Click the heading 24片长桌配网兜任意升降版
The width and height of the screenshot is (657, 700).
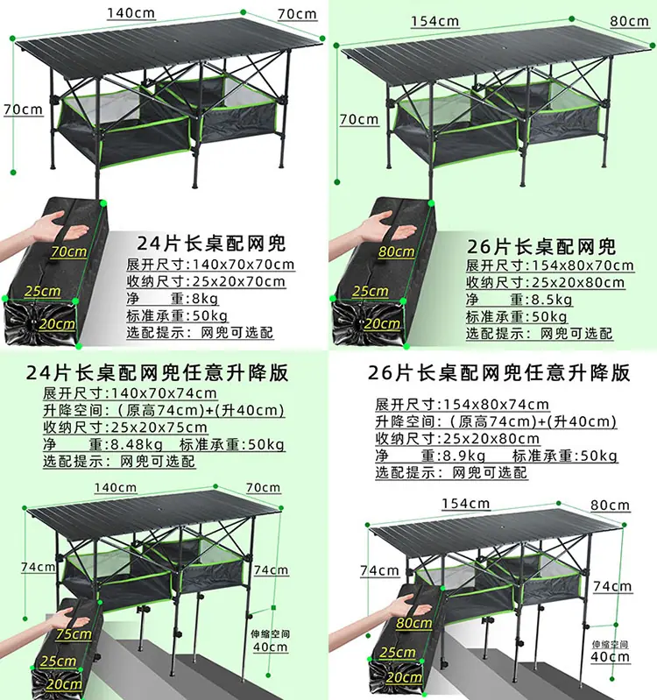pyautogui.click(x=157, y=372)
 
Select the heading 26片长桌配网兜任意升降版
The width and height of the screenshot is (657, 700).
pyautogui.click(x=498, y=372)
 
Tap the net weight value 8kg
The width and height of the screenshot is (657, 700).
pyautogui.click(x=205, y=298)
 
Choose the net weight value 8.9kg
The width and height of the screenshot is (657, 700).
pyautogui.click(x=463, y=456)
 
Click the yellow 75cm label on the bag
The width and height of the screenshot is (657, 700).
pyautogui.click(x=74, y=634)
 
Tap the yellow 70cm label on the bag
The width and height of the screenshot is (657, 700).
pyautogui.click(x=68, y=251)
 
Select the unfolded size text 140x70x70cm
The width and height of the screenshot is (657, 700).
pyautogui.click(x=244, y=265)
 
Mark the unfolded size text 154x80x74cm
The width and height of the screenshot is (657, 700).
pyautogui.click(x=496, y=405)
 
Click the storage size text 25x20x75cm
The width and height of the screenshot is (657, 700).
pyautogui.click(x=159, y=428)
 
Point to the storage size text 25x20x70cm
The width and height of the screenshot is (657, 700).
pyautogui.click(x=239, y=281)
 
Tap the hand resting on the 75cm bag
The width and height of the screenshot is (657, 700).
pyautogui.click(x=62, y=619)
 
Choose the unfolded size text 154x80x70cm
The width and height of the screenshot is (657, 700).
pyautogui.click(x=583, y=265)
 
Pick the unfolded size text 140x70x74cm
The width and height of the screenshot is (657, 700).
pyautogui.click(x=163, y=393)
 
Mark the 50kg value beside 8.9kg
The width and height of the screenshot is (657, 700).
pyautogui.click(x=599, y=456)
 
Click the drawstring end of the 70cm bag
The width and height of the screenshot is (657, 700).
pyautogui.click(x=32, y=322)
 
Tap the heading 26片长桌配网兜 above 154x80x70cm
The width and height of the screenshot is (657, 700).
pyautogui.click(x=541, y=246)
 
